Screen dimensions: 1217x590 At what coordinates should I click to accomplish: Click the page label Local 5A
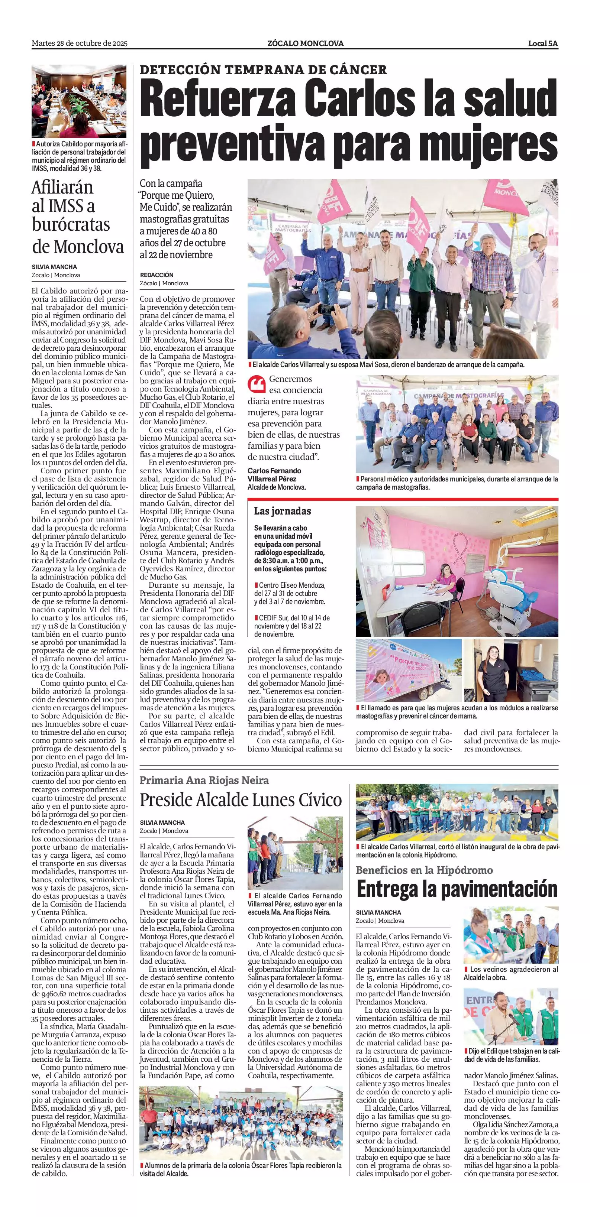tap(543, 43)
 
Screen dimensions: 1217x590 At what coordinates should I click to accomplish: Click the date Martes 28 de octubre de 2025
tap(80, 43)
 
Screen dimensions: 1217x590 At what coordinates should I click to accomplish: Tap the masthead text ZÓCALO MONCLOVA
tap(305, 43)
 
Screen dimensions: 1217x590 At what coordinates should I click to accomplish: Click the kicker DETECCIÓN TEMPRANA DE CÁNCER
tap(263, 70)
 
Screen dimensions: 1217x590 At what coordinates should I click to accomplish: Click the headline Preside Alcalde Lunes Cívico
tap(241, 800)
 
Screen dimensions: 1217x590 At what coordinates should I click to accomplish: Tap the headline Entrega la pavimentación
tap(457, 889)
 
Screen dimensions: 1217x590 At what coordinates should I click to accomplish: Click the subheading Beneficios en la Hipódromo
tap(424, 870)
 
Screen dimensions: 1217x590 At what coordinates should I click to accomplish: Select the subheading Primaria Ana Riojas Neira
tap(204, 780)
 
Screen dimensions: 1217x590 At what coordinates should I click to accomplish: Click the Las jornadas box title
tap(282, 511)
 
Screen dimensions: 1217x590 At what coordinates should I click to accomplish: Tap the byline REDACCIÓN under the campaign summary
tap(157, 275)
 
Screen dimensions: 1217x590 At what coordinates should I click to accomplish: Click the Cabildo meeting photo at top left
tap(79, 101)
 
